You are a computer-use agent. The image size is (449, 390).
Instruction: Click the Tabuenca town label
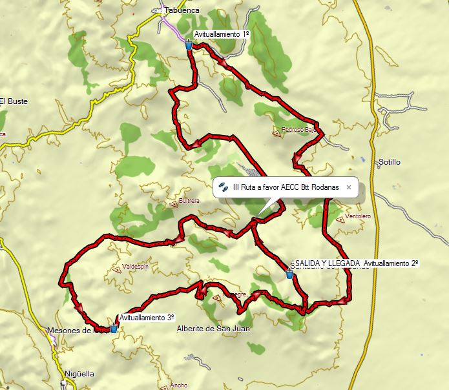coord(182,10)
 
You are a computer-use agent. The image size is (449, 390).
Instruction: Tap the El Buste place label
coord(14,101)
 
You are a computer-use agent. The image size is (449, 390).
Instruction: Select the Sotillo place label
coord(390,161)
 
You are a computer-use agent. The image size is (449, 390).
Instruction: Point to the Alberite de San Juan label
coord(213,329)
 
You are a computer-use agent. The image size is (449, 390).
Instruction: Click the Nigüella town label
coord(79,374)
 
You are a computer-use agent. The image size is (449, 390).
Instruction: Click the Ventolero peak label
coord(359,216)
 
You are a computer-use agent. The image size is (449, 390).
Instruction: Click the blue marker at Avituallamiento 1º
coord(189,45)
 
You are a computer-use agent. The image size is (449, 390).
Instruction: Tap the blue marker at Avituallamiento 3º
coord(114,327)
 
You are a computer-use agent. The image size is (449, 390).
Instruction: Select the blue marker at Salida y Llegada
coord(290,274)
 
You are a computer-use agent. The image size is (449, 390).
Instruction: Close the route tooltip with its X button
coord(349,187)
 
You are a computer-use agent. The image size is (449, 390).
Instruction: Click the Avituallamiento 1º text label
coord(222,34)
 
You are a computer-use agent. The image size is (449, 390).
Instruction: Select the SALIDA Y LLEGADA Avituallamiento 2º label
coord(355,263)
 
